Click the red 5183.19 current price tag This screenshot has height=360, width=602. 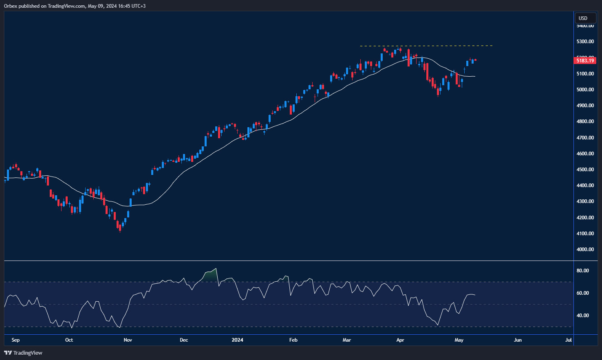click(x=585, y=61)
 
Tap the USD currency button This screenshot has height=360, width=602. click(x=583, y=18)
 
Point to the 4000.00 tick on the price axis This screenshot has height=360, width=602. click(x=585, y=250)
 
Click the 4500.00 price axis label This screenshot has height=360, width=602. click(x=585, y=170)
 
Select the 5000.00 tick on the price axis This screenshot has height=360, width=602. click(x=585, y=90)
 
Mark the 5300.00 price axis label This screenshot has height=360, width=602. click(x=585, y=42)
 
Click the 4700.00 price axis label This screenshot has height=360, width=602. click(x=585, y=138)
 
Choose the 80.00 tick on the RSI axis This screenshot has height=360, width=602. click(x=582, y=271)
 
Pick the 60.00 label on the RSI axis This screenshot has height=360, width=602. click(x=582, y=293)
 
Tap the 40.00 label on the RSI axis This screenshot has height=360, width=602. click(x=582, y=316)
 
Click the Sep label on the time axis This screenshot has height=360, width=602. click(x=15, y=340)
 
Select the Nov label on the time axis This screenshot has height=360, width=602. click(x=128, y=340)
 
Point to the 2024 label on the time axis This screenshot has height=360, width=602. click(x=237, y=340)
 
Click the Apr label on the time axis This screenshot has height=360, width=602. click(x=400, y=340)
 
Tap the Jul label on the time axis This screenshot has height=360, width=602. click(x=569, y=340)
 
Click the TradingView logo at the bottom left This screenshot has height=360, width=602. click(x=23, y=353)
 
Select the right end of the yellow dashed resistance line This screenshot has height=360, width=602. click(x=492, y=46)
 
